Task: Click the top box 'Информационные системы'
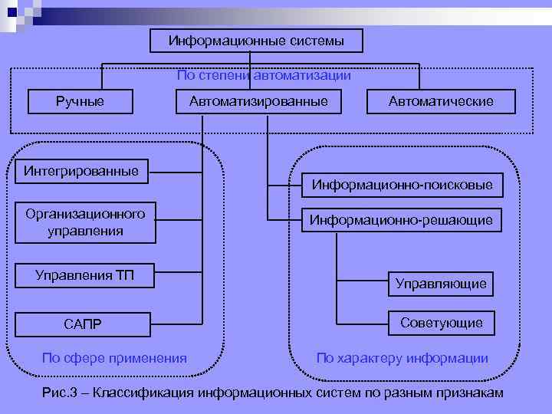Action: coord(256,40)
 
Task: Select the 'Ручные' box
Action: coord(80,101)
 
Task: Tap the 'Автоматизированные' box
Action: coord(253,101)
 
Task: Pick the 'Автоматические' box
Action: coord(441,101)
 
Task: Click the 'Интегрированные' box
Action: coord(80,171)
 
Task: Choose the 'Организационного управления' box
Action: coord(84,222)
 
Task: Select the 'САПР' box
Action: coord(83,326)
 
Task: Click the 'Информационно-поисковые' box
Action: coord(402,185)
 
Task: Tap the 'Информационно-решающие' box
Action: coord(402,221)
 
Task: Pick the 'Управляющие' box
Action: coord(441,284)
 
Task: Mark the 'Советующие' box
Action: coord(442,323)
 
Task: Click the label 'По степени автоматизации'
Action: coord(264,75)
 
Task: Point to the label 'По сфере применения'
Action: coord(114,358)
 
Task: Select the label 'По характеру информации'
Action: coord(402,358)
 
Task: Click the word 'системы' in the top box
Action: coord(316,40)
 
